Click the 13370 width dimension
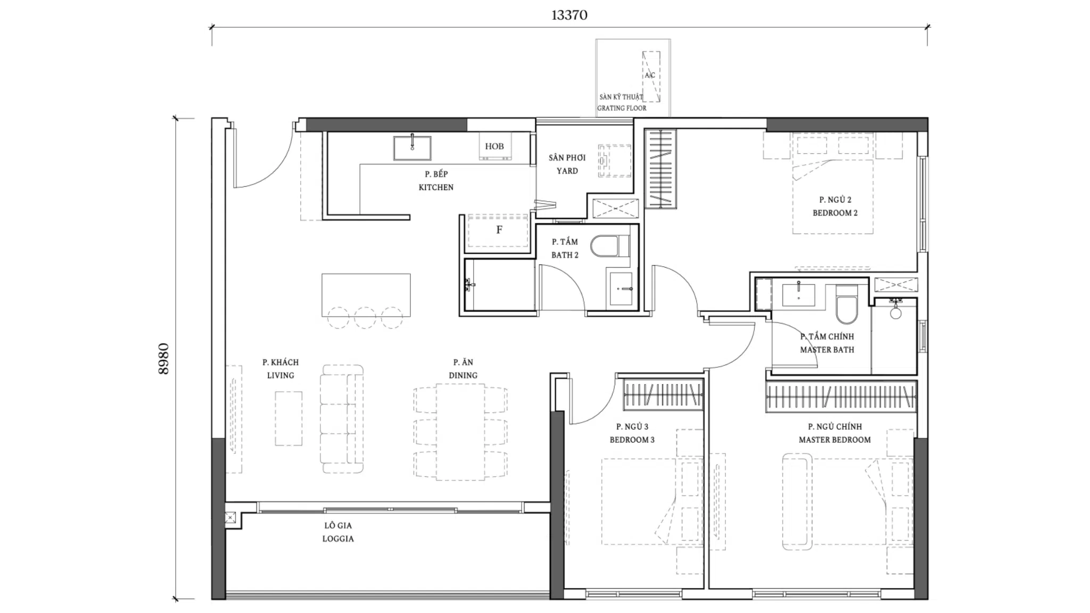pyautogui.click(x=569, y=15)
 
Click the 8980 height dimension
pyautogui.click(x=163, y=359)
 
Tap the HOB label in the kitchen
pyautogui.click(x=494, y=146)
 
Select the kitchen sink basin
pyautogui.click(x=412, y=148)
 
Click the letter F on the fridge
pyautogui.click(x=499, y=230)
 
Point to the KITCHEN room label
pyautogui.click(x=436, y=187)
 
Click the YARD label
pyautogui.click(x=567, y=171)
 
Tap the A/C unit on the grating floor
pyautogui.click(x=651, y=77)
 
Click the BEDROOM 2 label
pyautogui.click(x=835, y=213)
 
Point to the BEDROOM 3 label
pyautogui.click(x=632, y=440)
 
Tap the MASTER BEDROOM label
pyautogui.click(x=835, y=440)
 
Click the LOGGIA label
pyautogui.click(x=337, y=539)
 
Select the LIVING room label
pyautogui.click(x=280, y=375)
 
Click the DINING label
pyautogui.click(x=463, y=375)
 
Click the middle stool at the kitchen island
pyautogui.click(x=365, y=318)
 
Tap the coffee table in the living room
pyautogui.click(x=288, y=418)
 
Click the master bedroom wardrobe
pyautogui.click(x=841, y=396)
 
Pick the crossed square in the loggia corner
pyautogui.click(x=230, y=517)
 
